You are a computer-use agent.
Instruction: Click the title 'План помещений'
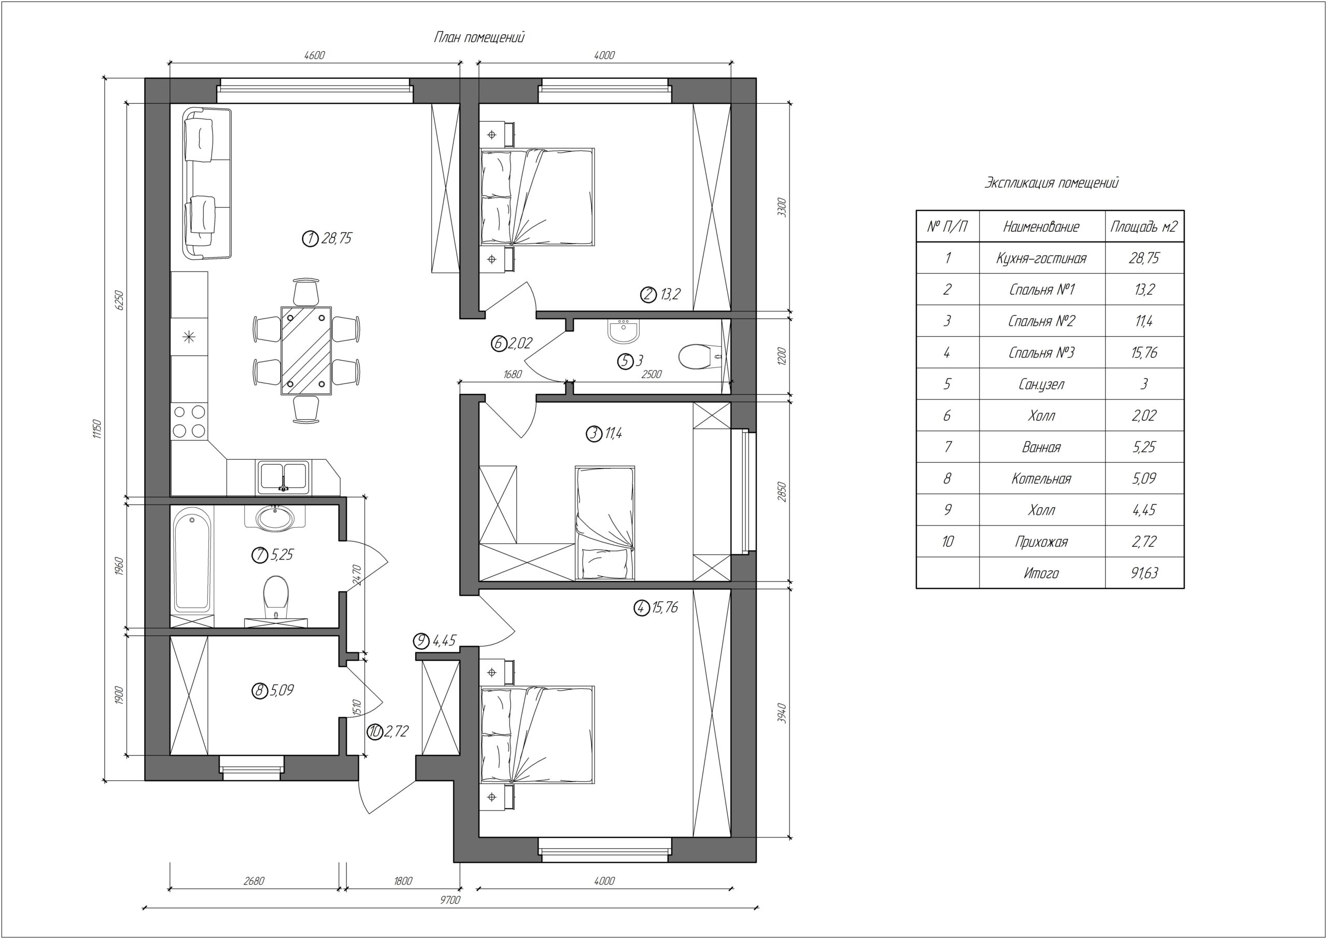tap(479, 38)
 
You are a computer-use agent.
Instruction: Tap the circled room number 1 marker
tap(310, 238)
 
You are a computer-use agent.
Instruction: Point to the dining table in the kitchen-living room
tap(306, 350)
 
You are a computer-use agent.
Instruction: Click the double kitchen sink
tap(284, 476)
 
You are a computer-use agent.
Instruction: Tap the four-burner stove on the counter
tap(189, 421)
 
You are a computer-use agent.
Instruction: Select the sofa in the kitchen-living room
tap(207, 183)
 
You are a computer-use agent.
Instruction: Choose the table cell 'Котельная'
tap(1041, 478)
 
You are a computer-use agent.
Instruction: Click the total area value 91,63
tap(1145, 573)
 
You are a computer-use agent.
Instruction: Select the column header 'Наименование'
tap(1041, 226)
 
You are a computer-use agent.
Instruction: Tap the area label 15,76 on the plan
tap(665, 607)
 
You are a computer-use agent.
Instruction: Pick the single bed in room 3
tap(605, 522)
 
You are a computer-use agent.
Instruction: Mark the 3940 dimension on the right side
tap(782, 714)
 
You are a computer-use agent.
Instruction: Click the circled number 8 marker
tap(260, 690)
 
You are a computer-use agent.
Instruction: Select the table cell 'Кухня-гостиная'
tap(1041, 258)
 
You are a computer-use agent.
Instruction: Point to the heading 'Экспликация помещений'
tap(1051, 183)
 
